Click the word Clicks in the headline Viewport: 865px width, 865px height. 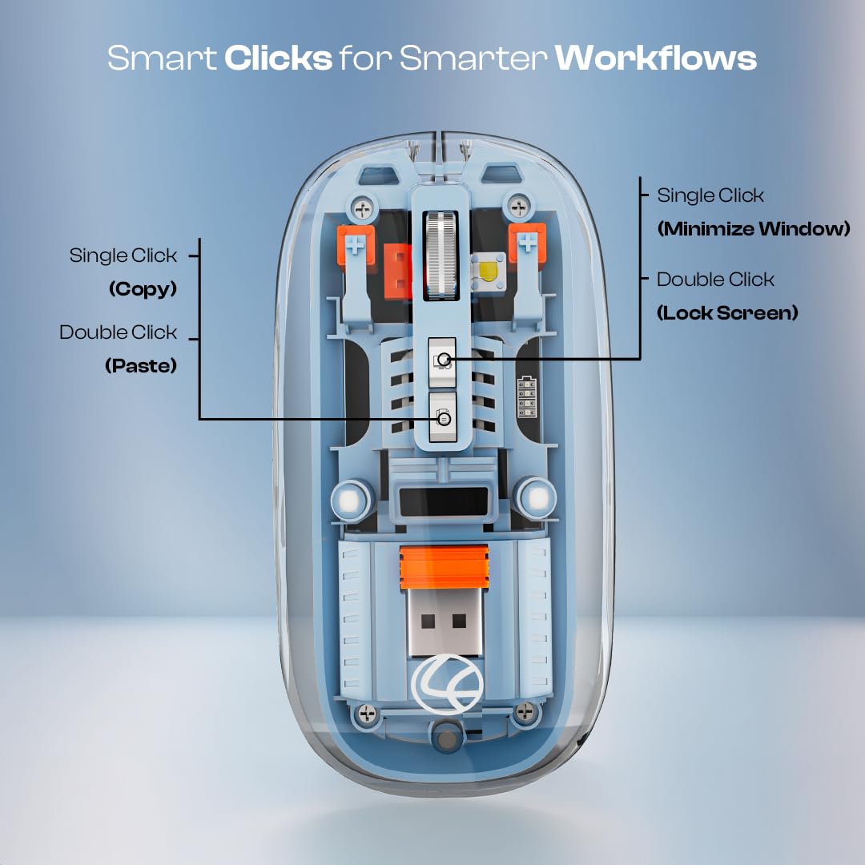click(278, 58)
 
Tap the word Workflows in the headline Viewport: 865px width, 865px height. click(656, 58)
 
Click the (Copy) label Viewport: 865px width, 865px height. click(143, 288)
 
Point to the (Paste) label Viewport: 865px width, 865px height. click(141, 365)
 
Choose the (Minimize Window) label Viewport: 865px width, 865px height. click(753, 229)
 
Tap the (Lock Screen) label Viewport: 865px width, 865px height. click(727, 312)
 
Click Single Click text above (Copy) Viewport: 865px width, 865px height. click(123, 255)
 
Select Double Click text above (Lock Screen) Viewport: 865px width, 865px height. click(715, 280)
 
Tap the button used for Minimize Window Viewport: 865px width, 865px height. click(442, 356)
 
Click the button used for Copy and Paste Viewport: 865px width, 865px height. click(442, 416)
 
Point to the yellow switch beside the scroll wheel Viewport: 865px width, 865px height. click(489, 269)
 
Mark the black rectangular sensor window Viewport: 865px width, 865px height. click(442, 501)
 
